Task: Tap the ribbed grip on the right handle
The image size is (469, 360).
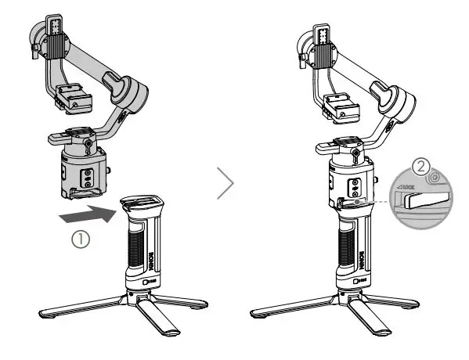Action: point(345,250)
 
